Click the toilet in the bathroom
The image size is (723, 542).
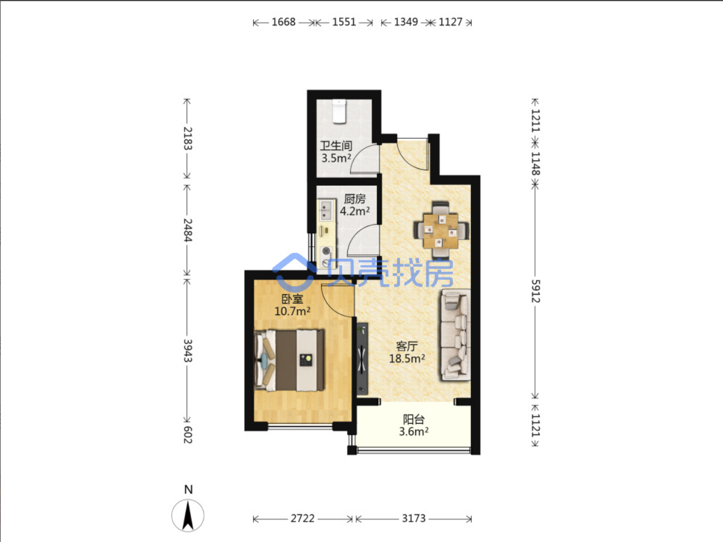(339, 111)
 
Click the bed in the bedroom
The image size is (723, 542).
(289, 360)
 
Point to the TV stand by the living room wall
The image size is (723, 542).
(362, 359)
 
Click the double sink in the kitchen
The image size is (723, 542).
(326, 210)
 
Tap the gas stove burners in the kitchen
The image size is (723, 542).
(326, 256)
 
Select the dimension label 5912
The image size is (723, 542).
(535, 291)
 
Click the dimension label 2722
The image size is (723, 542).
(303, 519)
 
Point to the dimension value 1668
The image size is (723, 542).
(283, 22)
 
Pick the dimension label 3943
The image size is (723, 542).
(188, 351)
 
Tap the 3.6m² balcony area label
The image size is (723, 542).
(413, 431)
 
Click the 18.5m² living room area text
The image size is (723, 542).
(407, 359)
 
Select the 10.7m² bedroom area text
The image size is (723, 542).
(292, 311)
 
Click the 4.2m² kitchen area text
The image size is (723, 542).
(355, 211)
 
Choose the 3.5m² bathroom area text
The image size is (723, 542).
(336, 158)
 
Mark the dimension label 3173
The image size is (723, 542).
(413, 519)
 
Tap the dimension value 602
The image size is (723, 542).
(188, 435)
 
